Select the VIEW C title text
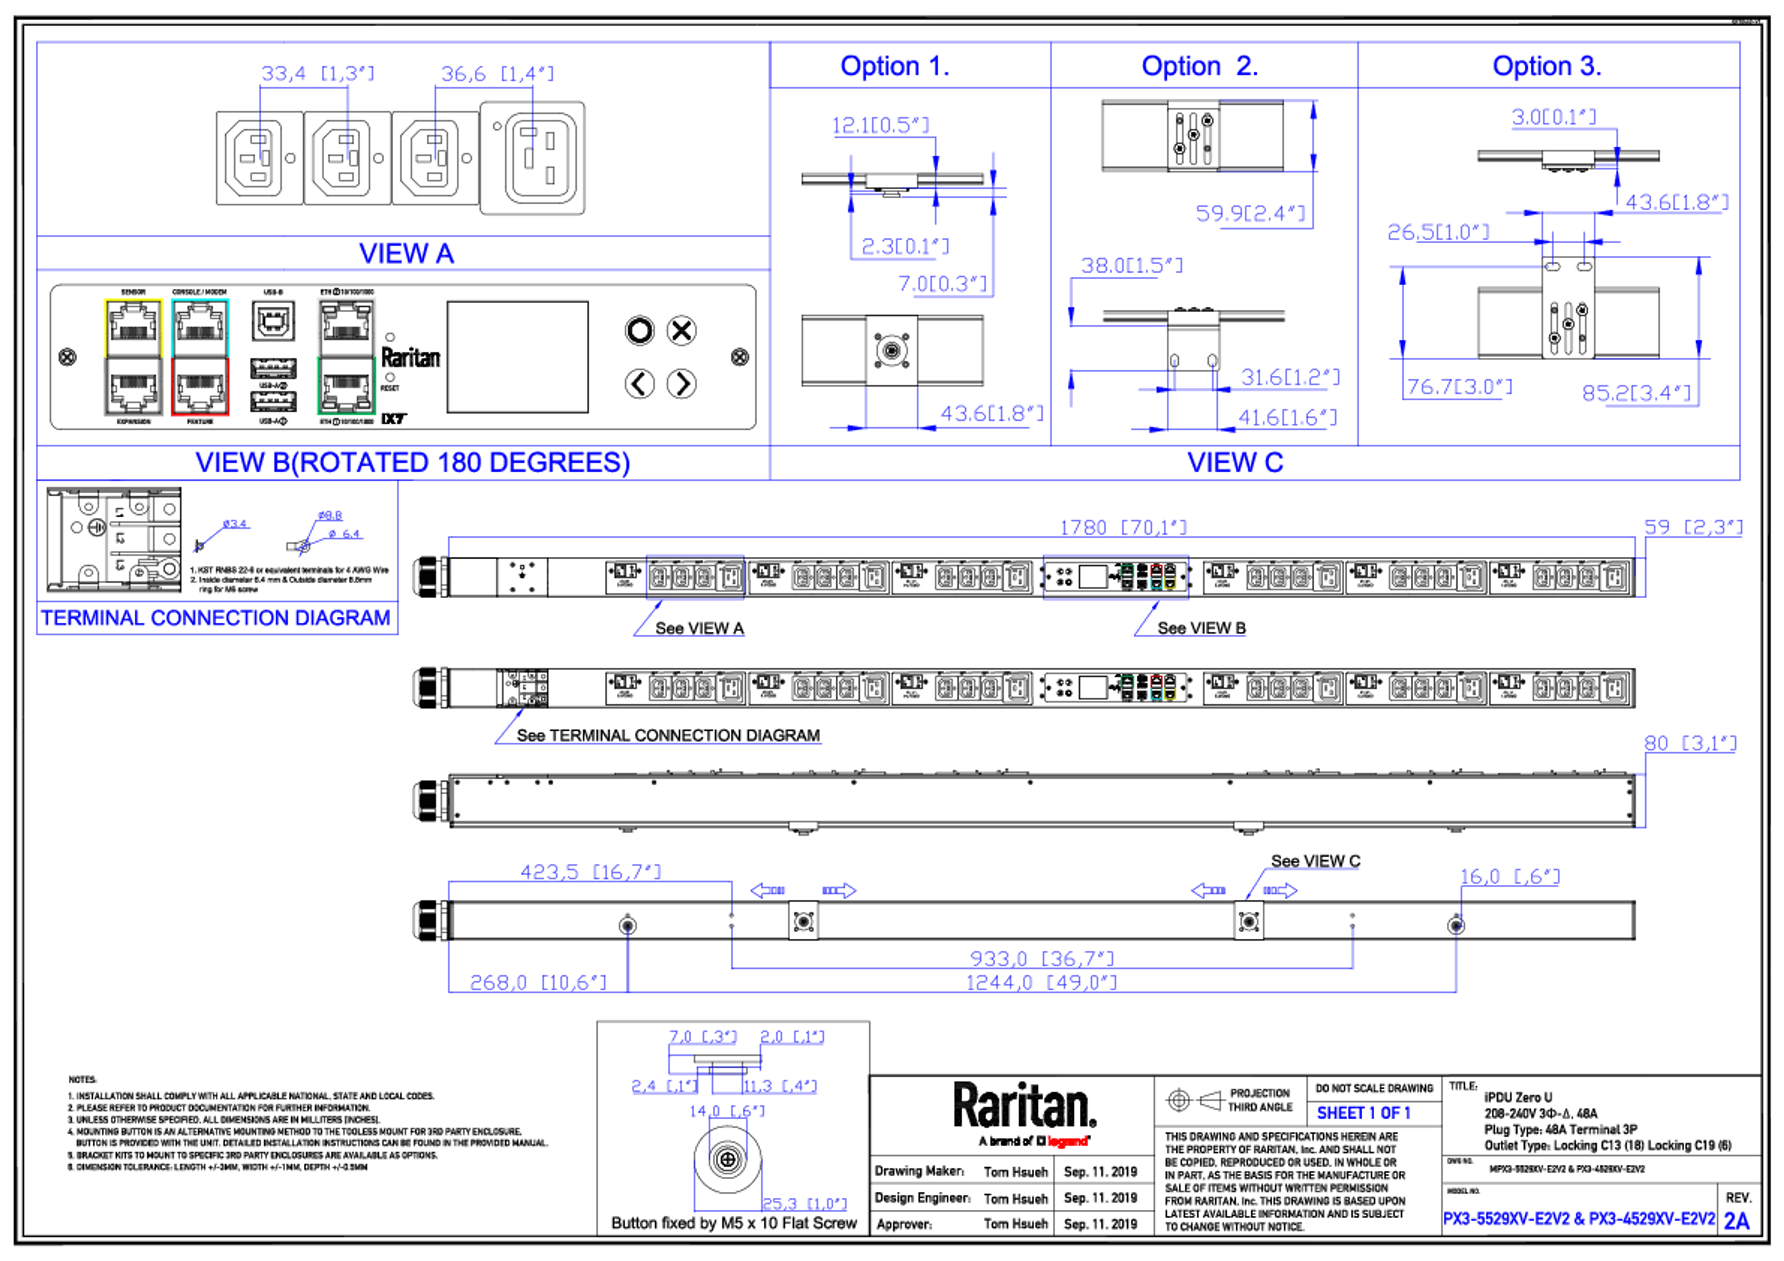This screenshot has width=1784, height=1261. coord(1235,462)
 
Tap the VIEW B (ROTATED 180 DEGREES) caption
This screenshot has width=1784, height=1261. coord(412,462)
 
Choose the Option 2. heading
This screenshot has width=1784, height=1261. coord(1199,66)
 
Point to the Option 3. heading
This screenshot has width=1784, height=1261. coord(1546,66)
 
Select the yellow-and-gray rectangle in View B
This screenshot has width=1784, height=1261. coord(133,358)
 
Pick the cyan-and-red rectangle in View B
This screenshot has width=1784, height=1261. coord(200,358)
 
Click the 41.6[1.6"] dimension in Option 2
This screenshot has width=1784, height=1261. coord(1287,418)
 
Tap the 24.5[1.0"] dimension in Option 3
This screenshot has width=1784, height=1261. coord(1438,232)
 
